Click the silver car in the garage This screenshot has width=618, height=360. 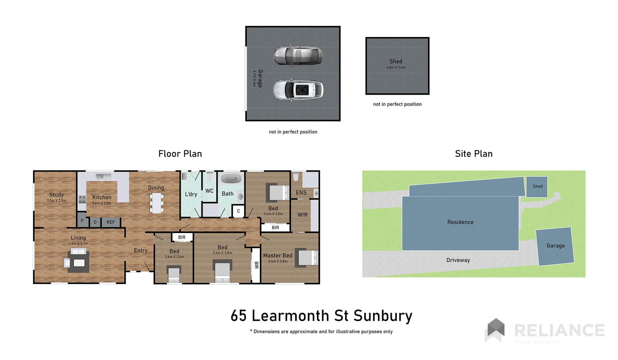pyautogui.click(x=298, y=55)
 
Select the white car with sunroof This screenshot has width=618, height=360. pyautogui.click(x=298, y=90)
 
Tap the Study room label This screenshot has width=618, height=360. pyautogui.click(x=56, y=195)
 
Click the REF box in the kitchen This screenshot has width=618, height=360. pyautogui.click(x=111, y=222)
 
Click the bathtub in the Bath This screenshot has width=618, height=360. pyautogui.click(x=231, y=179)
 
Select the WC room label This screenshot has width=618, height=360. pyautogui.click(x=209, y=191)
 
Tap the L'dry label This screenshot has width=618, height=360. pyautogui.click(x=191, y=194)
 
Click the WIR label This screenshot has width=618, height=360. pyautogui.click(x=302, y=215)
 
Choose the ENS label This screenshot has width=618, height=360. pyautogui.click(x=301, y=193)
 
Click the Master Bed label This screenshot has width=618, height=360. pyautogui.click(x=278, y=256)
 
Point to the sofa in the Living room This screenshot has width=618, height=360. pyautogui.click(x=78, y=252)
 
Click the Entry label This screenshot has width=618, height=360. pyautogui.click(x=141, y=250)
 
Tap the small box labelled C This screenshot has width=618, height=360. pyautogui.click(x=238, y=211)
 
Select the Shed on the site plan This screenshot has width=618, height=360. pyautogui.click(x=537, y=187)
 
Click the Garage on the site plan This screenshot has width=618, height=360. pyautogui.click(x=555, y=246)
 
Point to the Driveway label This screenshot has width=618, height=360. pyautogui.click(x=458, y=260)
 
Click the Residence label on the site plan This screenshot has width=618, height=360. pyautogui.click(x=460, y=222)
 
